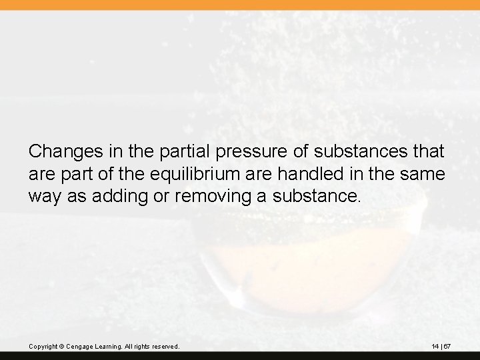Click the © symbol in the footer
pos(62,347)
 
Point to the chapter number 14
pos(435,347)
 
